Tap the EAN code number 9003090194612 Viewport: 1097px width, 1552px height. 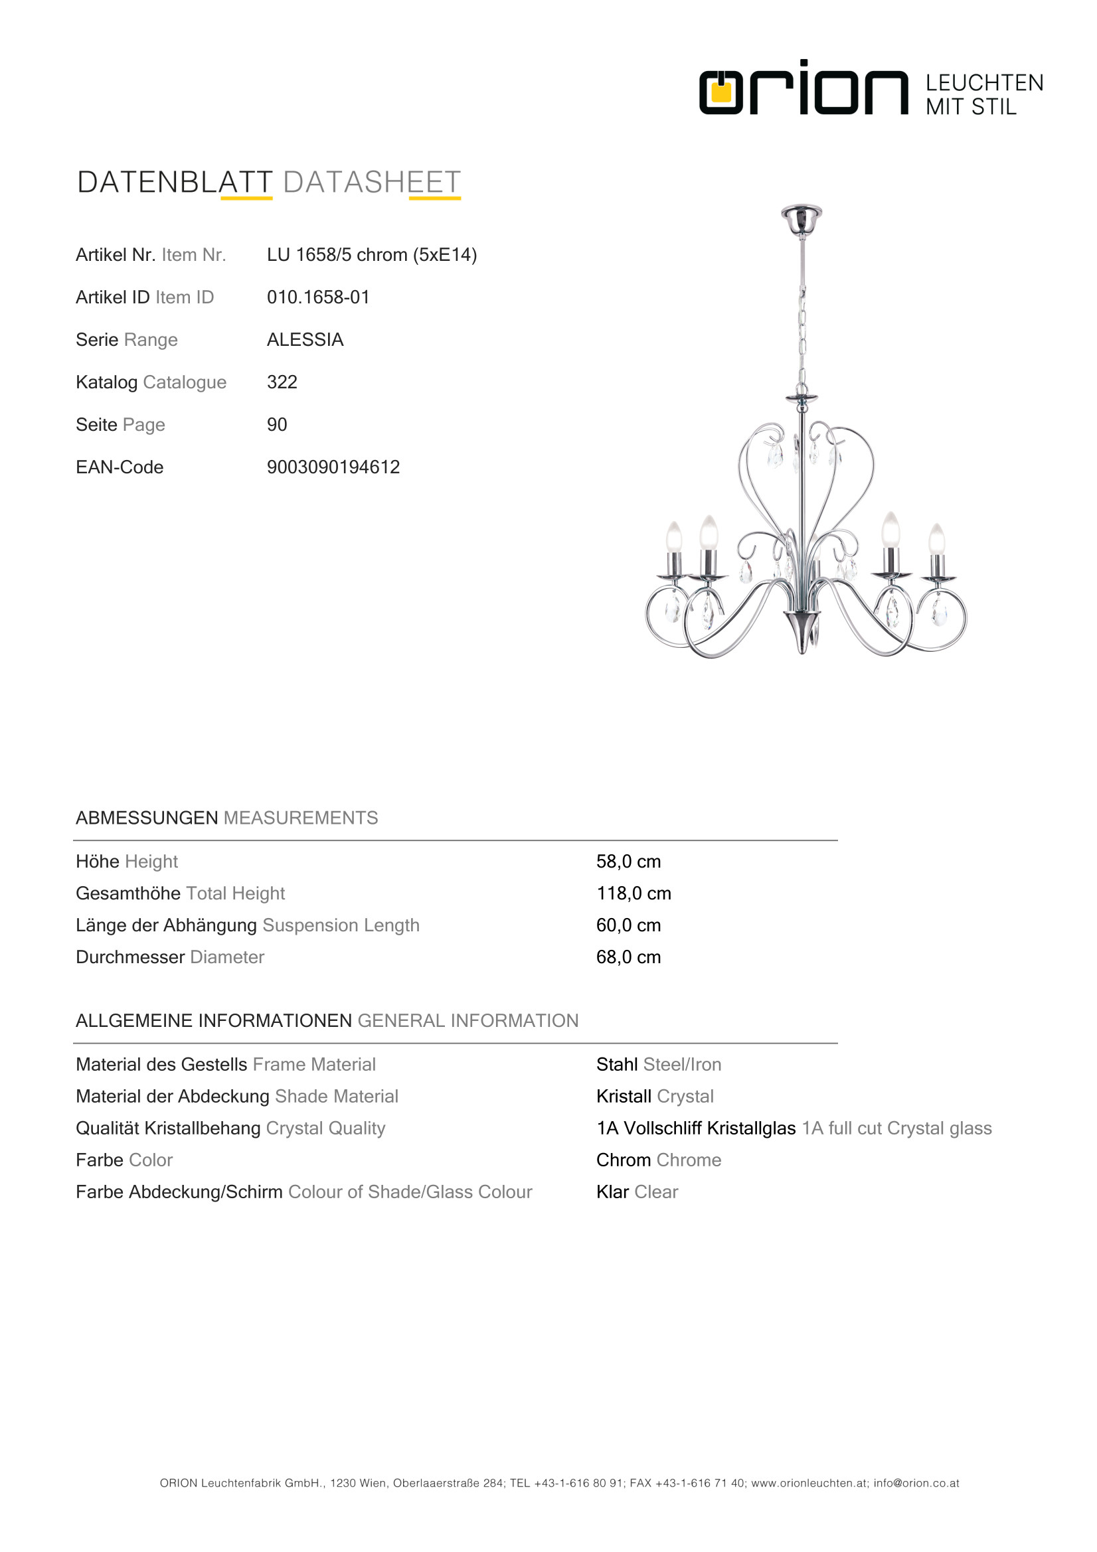[333, 467]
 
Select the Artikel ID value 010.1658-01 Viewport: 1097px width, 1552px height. [318, 297]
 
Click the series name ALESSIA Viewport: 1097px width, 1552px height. [305, 339]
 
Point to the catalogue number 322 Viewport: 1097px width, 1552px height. [282, 382]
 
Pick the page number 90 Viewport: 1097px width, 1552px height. [277, 424]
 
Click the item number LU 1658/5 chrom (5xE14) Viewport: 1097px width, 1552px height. [371, 255]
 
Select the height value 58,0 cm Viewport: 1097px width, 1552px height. [628, 861]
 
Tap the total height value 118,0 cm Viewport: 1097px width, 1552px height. [633, 893]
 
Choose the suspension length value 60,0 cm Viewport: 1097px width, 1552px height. [628, 925]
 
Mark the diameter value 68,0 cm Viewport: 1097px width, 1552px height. [628, 957]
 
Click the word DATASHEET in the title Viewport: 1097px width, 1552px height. [371, 183]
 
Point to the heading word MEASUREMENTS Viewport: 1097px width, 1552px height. [300, 818]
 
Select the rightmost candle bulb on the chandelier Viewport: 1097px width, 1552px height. [936, 540]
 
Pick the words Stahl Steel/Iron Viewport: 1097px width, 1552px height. [658, 1065]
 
